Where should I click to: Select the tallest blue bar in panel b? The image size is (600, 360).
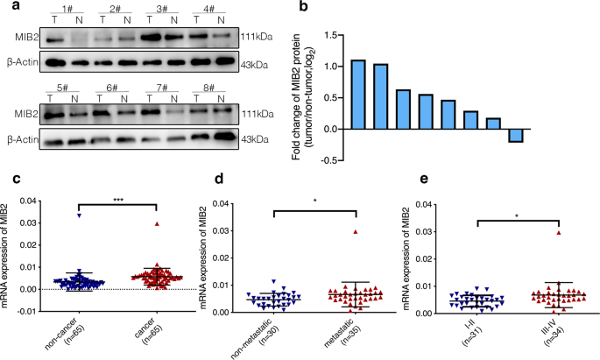(357, 94)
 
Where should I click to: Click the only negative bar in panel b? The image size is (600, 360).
(517, 135)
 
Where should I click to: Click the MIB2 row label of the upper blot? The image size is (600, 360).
(21, 39)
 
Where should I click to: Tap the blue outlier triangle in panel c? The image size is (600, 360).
(79, 215)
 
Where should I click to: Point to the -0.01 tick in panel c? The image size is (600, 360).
(31, 311)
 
